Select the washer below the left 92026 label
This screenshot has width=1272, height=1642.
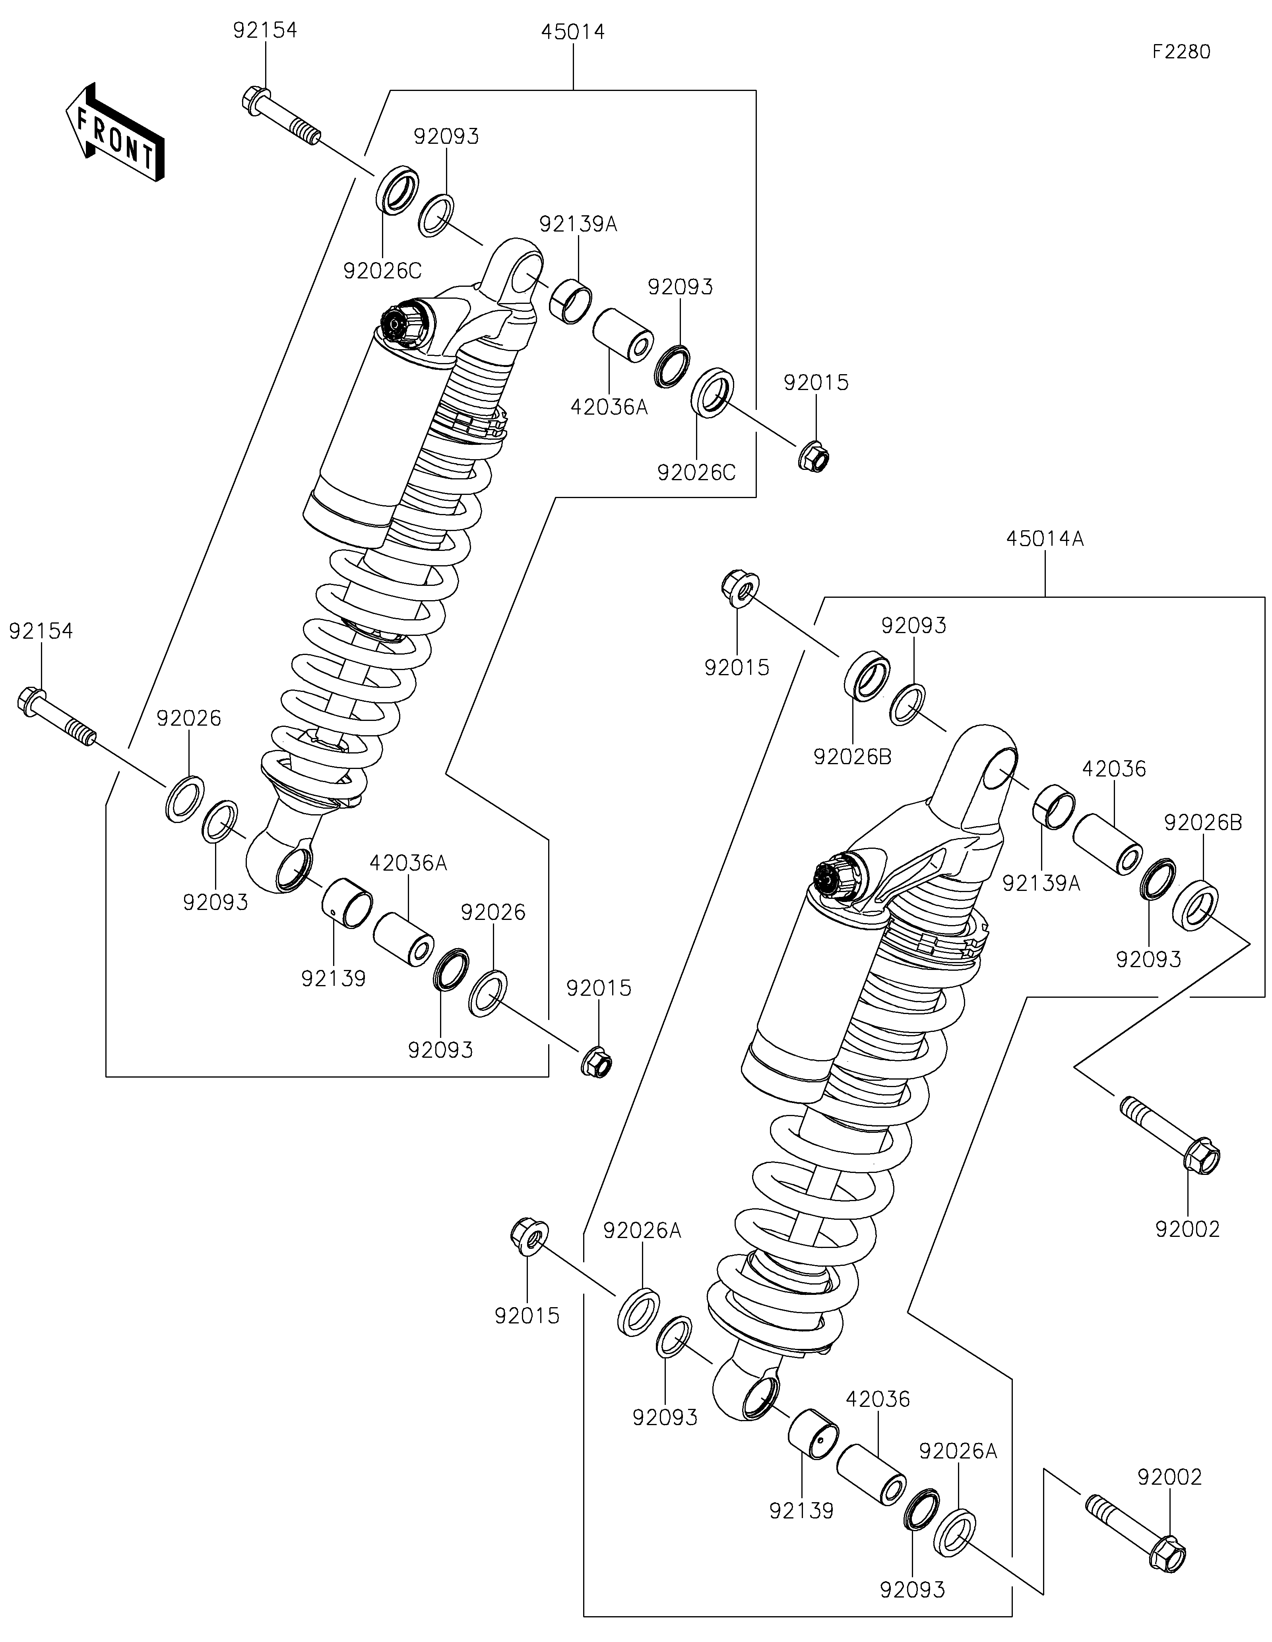(x=184, y=797)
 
